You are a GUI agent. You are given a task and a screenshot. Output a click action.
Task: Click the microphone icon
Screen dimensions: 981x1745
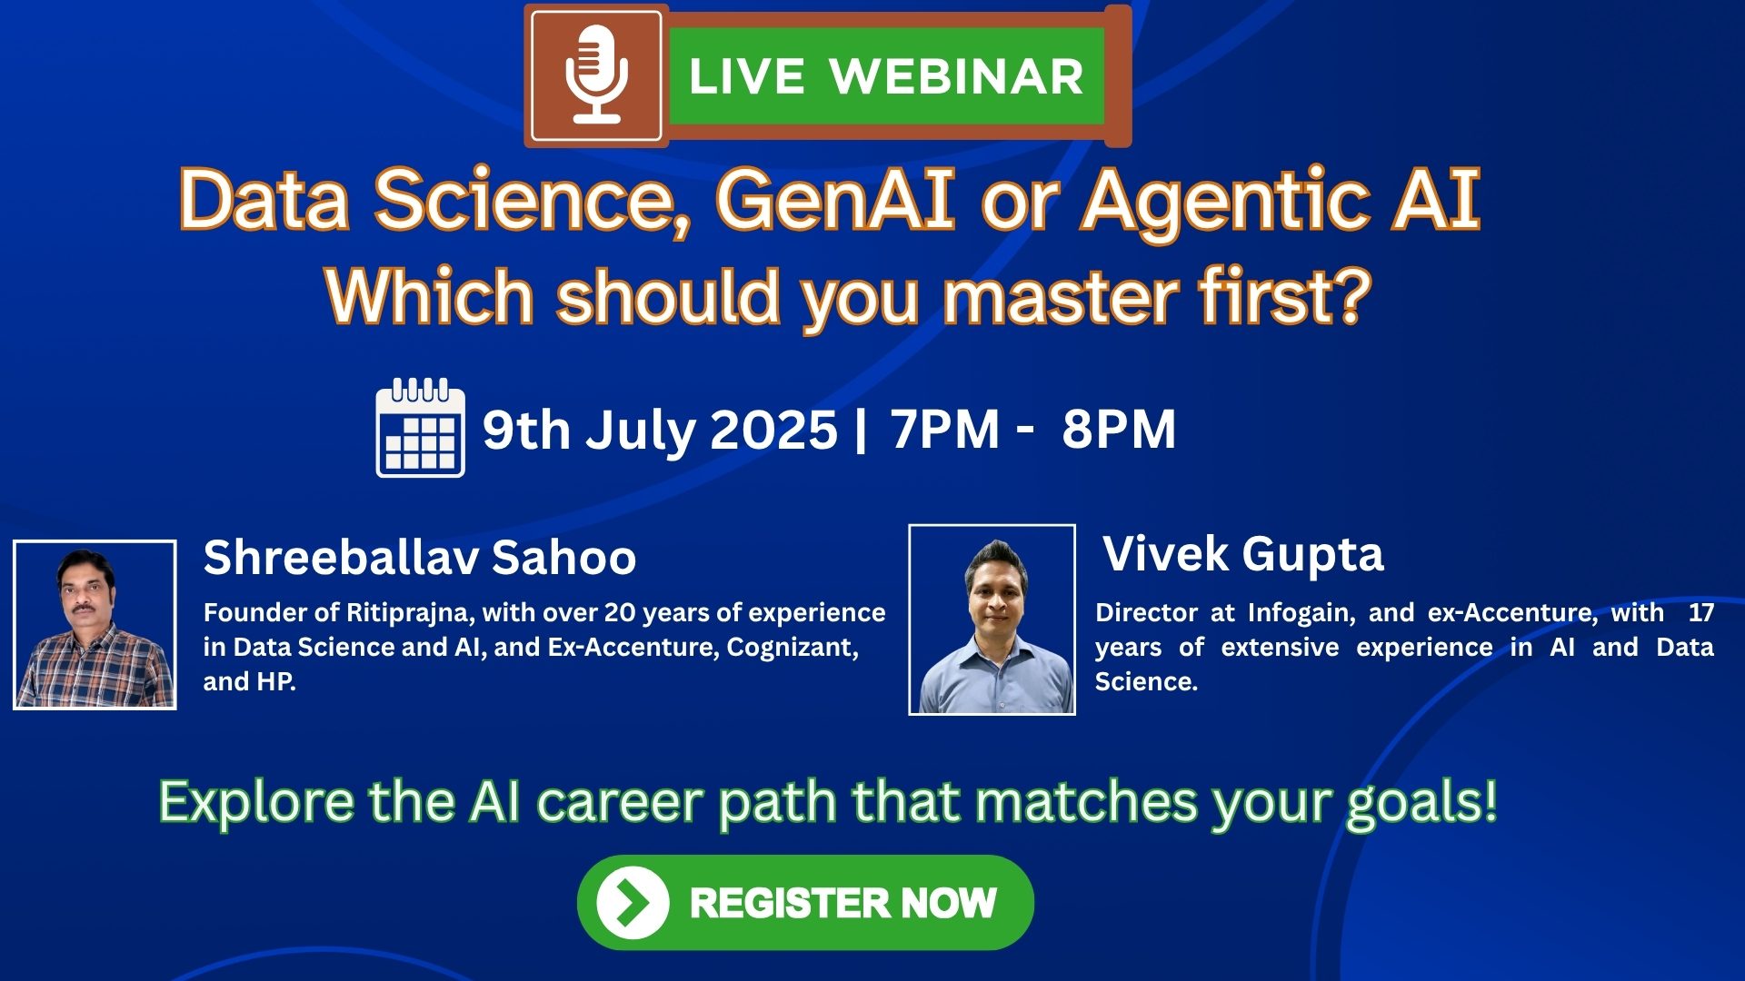click(x=596, y=74)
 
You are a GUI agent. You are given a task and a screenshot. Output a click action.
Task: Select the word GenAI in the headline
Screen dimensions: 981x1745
click(x=834, y=200)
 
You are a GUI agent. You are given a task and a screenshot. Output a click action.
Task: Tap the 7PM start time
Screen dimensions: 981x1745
click(x=944, y=430)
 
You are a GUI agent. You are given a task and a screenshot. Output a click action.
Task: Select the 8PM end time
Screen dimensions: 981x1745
click(x=1119, y=430)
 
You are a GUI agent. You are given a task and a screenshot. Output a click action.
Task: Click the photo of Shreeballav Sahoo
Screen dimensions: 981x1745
click(x=95, y=625)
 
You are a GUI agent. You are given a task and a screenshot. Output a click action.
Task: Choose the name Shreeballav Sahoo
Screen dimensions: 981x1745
click(x=419, y=557)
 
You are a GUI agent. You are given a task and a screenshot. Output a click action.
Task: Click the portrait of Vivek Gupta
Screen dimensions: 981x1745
click(x=992, y=620)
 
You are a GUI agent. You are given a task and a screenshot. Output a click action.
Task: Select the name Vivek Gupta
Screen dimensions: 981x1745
click(x=1242, y=553)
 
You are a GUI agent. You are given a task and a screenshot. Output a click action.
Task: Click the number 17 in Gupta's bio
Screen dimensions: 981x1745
click(x=1700, y=613)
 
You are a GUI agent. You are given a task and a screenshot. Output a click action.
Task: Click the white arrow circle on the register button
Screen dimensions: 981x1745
click(x=633, y=903)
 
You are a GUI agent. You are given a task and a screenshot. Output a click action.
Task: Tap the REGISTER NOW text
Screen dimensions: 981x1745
click(x=843, y=903)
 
